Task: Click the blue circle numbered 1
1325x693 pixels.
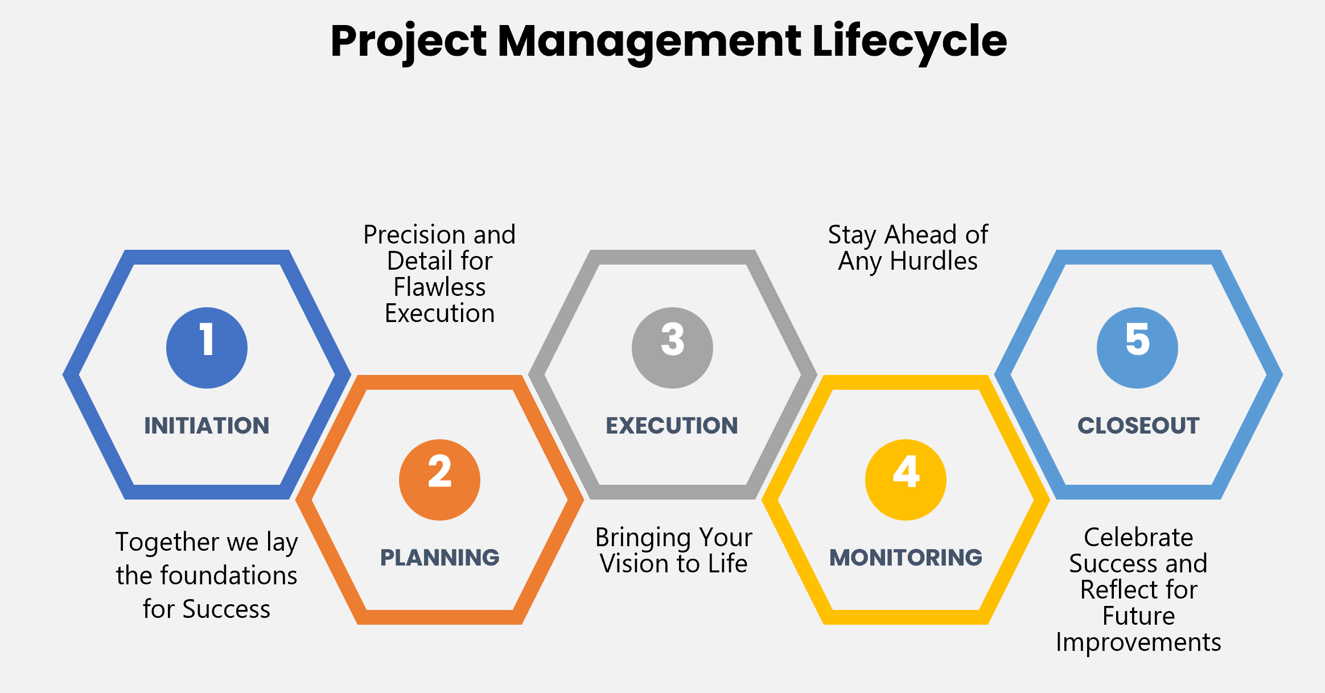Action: pyautogui.click(x=207, y=348)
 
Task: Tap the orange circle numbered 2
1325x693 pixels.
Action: pyautogui.click(x=439, y=480)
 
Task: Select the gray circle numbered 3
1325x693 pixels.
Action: pyautogui.click(x=672, y=348)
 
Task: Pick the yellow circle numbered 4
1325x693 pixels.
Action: pyautogui.click(x=906, y=480)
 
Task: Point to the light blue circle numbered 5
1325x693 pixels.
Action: pyautogui.click(x=1137, y=348)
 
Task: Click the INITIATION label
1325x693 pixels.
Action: pyautogui.click(x=207, y=426)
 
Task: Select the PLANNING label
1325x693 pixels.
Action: pyautogui.click(x=439, y=558)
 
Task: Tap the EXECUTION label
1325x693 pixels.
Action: pyautogui.click(x=672, y=426)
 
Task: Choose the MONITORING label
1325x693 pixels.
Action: pyautogui.click(x=906, y=558)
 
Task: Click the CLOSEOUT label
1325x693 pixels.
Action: pyautogui.click(x=1138, y=426)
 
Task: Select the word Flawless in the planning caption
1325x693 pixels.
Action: pyautogui.click(x=439, y=287)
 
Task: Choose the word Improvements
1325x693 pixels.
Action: pyautogui.click(x=1138, y=643)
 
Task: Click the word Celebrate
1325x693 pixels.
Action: pyautogui.click(x=1138, y=538)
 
